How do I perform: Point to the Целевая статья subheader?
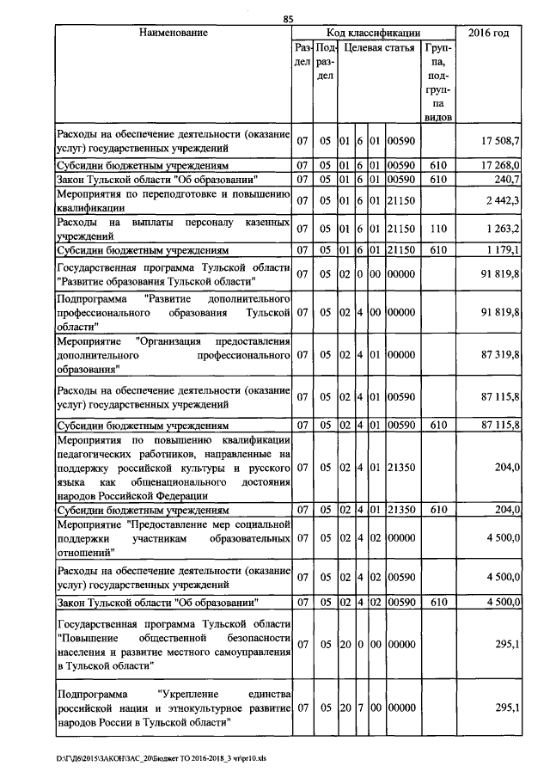pos(377,49)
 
